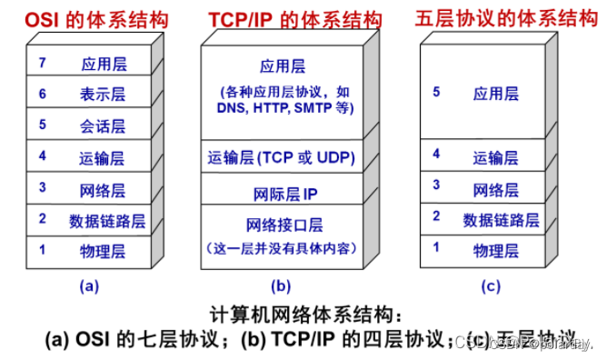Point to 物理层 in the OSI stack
[x=102, y=250]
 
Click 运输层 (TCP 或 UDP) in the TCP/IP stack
[x=281, y=158]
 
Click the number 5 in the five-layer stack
[x=436, y=93]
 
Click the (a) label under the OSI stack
[x=88, y=285]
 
